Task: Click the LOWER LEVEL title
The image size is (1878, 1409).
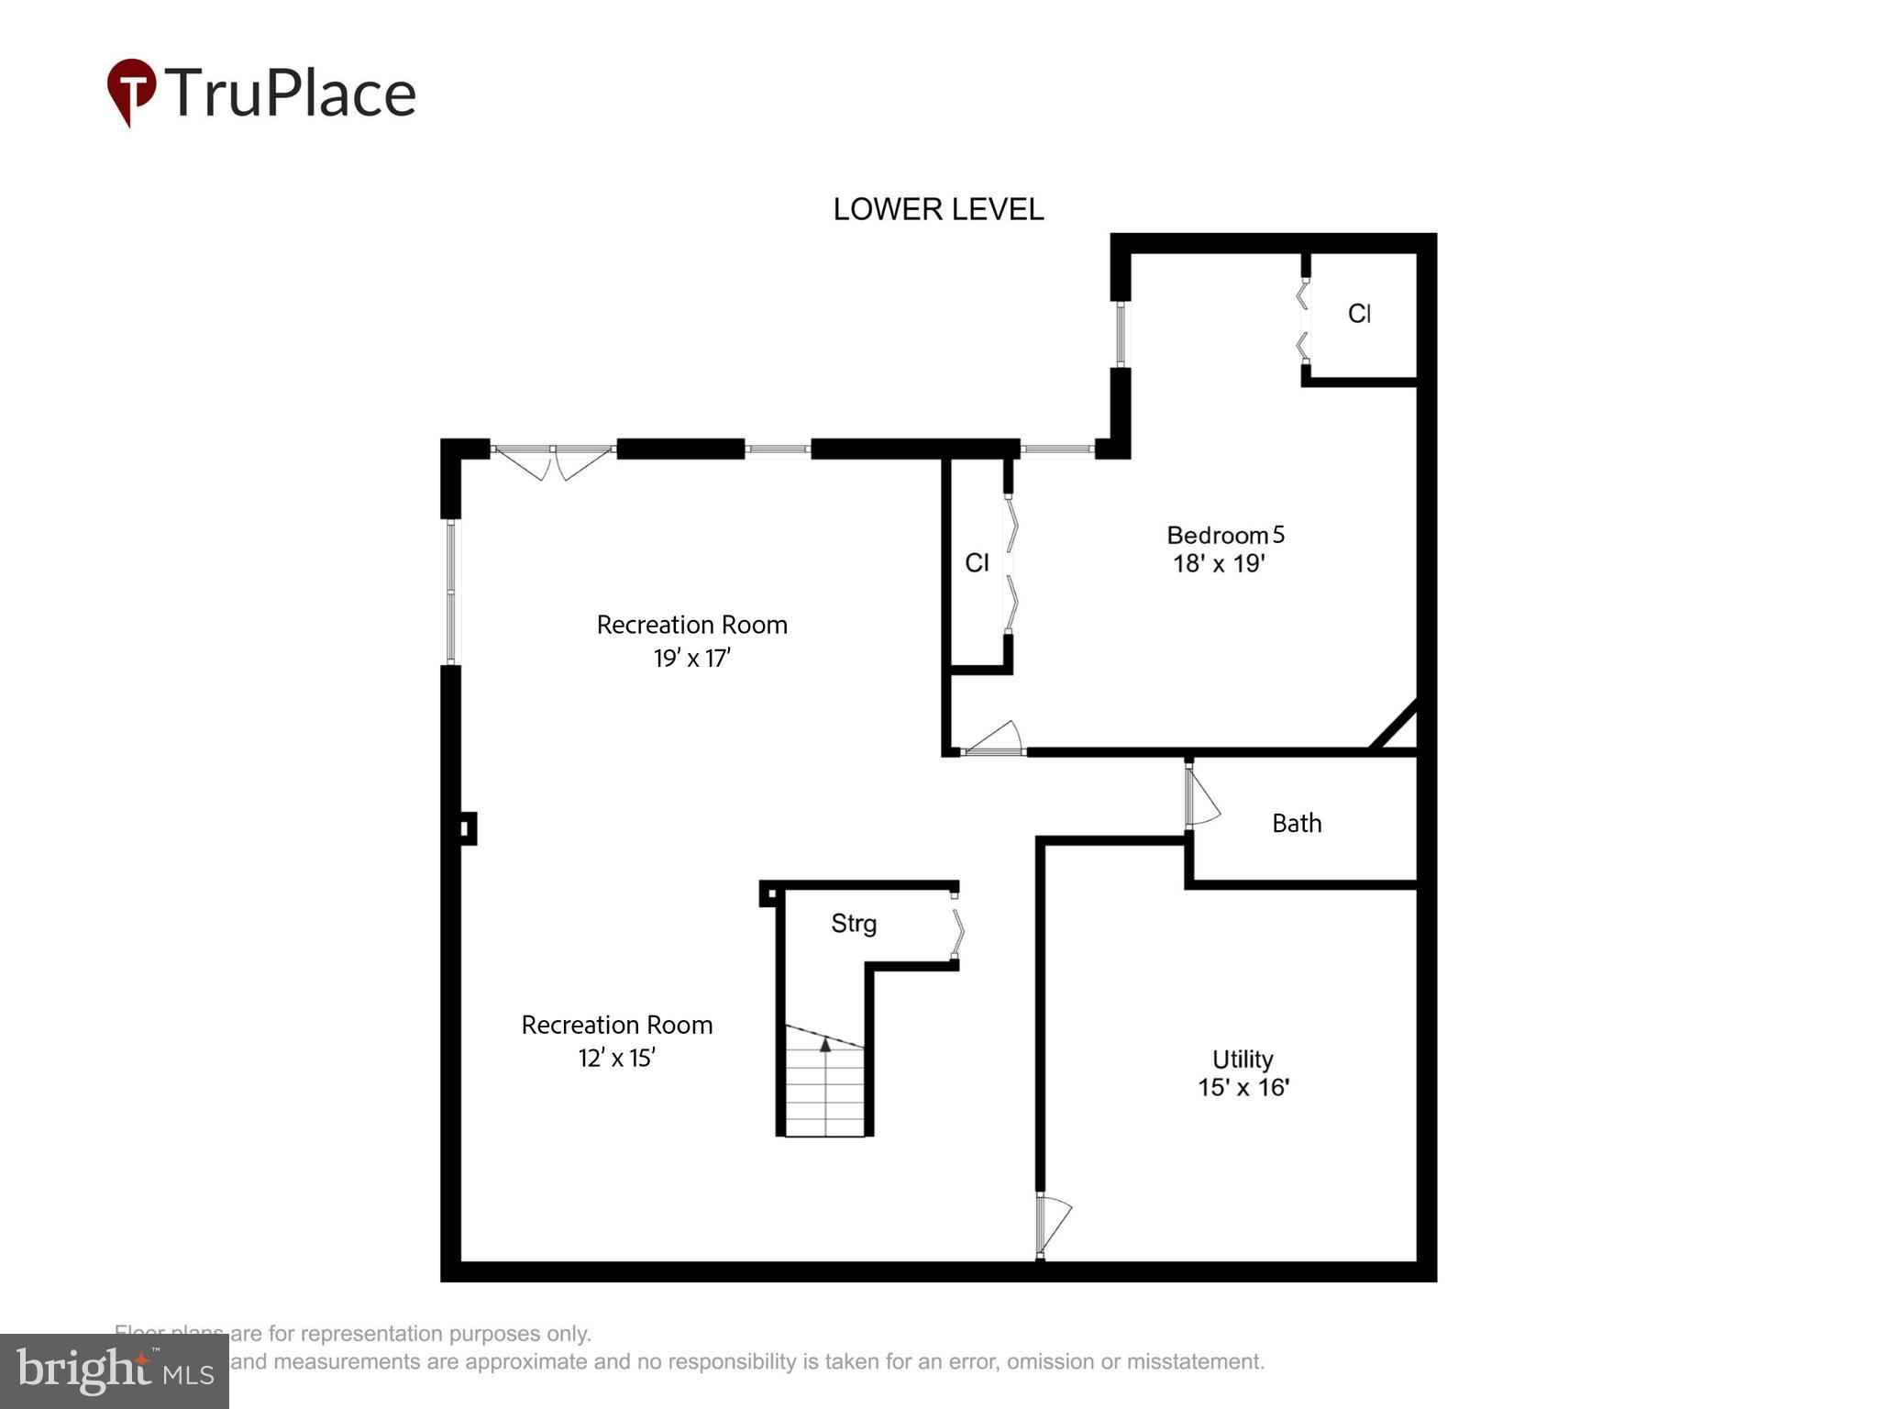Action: point(937,210)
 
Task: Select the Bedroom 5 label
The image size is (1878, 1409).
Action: point(1224,535)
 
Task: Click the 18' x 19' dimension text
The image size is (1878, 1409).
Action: point(1219,563)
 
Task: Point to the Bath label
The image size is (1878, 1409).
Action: point(1297,823)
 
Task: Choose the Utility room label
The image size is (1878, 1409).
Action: point(1243,1060)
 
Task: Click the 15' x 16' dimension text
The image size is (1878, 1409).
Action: point(1243,1088)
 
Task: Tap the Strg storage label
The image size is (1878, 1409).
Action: point(854,923)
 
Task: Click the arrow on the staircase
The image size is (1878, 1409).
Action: point(825,1045)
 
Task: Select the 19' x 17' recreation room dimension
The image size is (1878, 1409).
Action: point(691,658)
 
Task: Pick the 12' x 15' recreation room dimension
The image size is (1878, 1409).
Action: point(616,1058)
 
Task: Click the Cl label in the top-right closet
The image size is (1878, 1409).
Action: point(1359,314)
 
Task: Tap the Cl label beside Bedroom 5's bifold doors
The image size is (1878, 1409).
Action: point(977,562)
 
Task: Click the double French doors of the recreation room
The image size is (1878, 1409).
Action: point(553,461)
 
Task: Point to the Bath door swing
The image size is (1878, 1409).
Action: point(1201,799)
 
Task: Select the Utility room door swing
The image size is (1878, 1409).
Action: point(1054,1225)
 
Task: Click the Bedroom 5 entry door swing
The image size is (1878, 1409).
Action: point(994,739)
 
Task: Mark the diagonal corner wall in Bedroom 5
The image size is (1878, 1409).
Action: point(1394,726)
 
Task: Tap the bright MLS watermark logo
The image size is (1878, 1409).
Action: point(115,1370)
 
